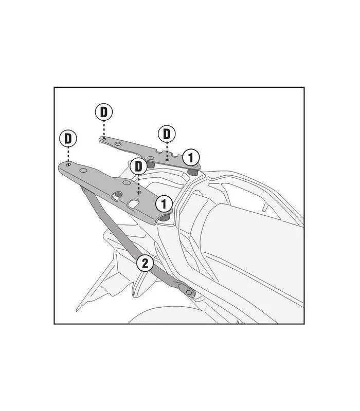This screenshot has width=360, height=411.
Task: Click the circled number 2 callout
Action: coord(145,263)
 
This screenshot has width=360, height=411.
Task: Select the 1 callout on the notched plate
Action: coord(191,158)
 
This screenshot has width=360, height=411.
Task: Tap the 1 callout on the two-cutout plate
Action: coord(164,204)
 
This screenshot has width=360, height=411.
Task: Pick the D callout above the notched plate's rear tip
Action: coord(104,112)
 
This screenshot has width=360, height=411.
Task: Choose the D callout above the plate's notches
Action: coord(167,134)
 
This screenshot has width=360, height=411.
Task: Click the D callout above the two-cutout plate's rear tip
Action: coord(68,138)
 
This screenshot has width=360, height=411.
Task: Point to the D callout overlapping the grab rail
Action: coord(138,166)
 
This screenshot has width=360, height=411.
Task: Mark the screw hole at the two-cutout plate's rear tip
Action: coord(68,164)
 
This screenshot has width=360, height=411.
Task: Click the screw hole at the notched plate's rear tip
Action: coord(104,138)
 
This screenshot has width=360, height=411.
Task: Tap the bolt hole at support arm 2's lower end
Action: coord(189,292)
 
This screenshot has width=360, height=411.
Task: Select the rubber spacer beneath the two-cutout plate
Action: coord(165,217)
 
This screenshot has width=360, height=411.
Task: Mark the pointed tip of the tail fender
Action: coord(77,310)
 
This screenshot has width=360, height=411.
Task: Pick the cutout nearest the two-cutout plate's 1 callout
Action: coord(134,203)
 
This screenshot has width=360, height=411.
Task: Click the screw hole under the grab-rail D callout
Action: coord(139,193)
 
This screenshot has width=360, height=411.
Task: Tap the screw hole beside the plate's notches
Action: coord(167,159)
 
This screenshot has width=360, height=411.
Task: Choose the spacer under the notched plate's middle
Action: coord(151,164)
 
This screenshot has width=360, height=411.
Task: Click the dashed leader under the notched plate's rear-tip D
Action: coord(104,129)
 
